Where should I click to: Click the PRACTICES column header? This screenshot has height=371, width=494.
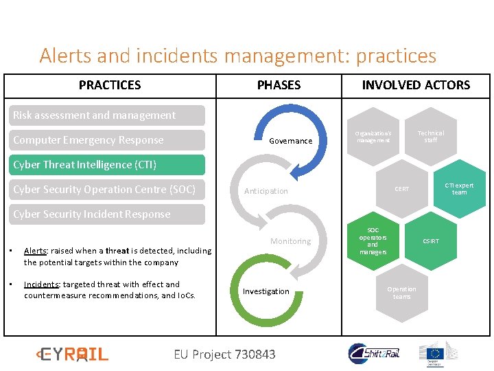(x=110, y=85)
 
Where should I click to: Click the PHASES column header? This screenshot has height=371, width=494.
(x=279, y=85)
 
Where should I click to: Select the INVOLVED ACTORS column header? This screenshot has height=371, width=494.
(x=416, y=85)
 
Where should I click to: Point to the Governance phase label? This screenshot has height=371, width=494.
(x=290, y=141)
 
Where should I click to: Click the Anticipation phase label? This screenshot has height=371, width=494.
(x=266, y=191)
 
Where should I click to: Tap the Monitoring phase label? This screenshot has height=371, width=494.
(x=290, y=241)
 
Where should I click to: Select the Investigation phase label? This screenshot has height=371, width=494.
(x=266, y=291)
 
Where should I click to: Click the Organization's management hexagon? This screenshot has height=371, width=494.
(x=373, y=137)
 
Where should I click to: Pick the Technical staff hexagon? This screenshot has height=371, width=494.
(x=430, y=137)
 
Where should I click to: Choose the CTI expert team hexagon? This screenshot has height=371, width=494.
(x=459, y=189)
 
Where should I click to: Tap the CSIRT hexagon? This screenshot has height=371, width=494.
(x=431, y=241)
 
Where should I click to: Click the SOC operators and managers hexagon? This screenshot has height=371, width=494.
(x=373, y=241)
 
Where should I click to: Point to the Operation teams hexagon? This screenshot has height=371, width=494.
(x=401, y=293)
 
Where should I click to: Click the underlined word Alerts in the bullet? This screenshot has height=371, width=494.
(x=34, y=251)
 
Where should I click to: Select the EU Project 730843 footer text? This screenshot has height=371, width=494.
(x=224, y=355)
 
